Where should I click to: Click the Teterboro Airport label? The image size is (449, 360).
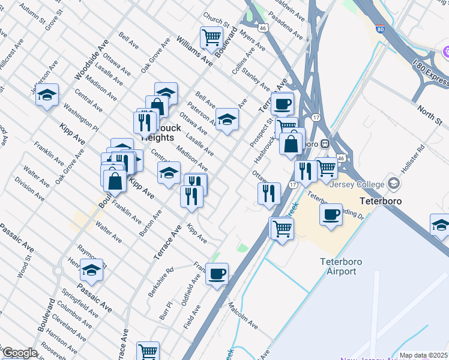point(338,266)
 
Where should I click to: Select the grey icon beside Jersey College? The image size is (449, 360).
point(394,182)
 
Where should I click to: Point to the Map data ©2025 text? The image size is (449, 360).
point(423,355)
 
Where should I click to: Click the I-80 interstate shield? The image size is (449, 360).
point(380,28)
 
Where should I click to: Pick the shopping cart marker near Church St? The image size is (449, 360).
point(211,37)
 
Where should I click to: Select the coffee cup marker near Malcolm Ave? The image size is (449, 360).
point(217,274)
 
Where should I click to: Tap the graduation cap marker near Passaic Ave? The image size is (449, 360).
point(91,270)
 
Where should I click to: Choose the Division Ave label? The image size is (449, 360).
point(29,188)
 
